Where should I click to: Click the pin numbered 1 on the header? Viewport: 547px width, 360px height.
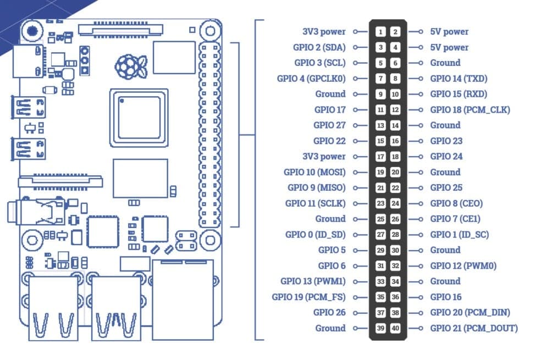[x=380, y=32]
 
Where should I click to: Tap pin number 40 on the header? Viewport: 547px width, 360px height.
[x=395, y=328]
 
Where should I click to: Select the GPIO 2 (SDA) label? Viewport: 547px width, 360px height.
[x=320, y=47]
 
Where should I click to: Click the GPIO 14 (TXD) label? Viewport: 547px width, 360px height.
[x=458, y=79]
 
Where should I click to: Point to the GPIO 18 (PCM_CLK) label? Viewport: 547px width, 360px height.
[x=470, y=110]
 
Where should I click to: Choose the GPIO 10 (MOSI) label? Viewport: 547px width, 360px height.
[x=314, y=172]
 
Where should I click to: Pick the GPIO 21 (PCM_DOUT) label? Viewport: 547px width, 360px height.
[x=473, y=328]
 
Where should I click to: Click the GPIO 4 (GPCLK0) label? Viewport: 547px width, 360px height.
[x=311, y=79]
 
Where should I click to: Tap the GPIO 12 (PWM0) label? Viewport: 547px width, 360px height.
[x=463, y=266]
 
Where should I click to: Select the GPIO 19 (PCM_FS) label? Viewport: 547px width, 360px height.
[x=308, y=297]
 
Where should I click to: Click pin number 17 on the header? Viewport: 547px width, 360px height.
[x=380, y=157]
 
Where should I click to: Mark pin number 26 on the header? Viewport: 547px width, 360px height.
[x=395, y=219]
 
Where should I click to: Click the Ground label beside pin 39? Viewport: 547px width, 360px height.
[x=330, y=328]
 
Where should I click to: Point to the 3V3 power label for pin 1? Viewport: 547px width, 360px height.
[x=324, y=32]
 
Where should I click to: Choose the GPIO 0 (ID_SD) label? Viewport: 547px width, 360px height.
[x=315, y=235]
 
